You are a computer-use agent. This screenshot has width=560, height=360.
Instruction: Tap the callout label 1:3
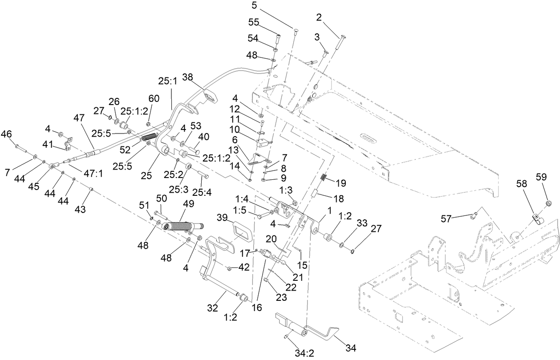click(x=285, y=190)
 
